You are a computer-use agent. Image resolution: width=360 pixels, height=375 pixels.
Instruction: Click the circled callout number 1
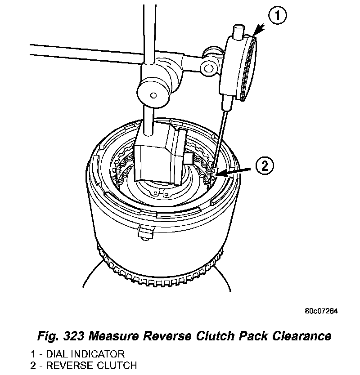(278, 16)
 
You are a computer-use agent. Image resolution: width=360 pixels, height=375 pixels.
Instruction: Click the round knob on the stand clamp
(153, 95)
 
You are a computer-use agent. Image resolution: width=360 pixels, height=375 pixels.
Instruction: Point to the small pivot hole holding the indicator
(208, 68)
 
